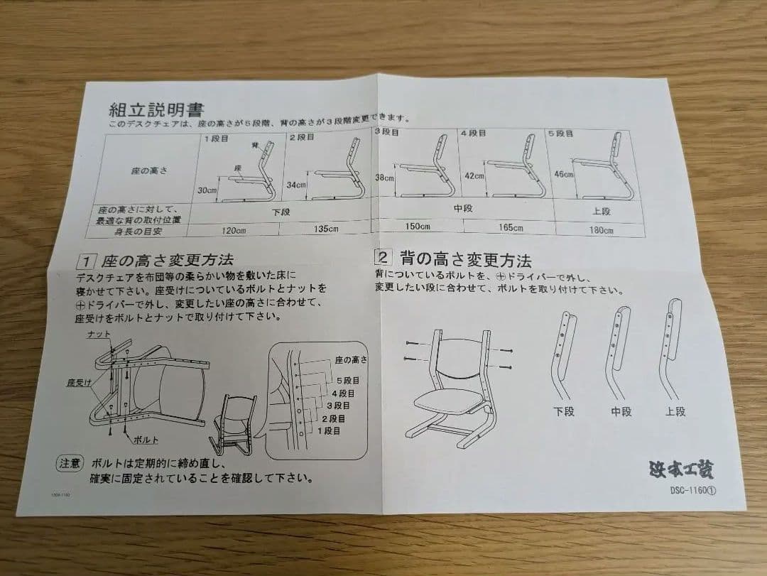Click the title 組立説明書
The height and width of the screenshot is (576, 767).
(x=156, y=109)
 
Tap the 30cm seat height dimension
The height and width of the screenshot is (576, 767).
(x=207, y=190)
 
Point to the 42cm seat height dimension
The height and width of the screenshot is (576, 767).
(x=474, y=176)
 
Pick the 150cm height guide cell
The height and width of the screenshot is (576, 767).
(x=418, y=227)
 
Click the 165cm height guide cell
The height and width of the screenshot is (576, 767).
(x=511, y=228)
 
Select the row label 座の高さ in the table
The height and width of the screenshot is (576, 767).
(x=149, y=171)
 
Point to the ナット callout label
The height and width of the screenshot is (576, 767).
(x=98, y=334)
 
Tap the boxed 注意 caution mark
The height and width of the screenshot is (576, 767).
(x=70, y=462)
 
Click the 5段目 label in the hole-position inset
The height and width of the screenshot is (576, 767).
(x=347, y=381)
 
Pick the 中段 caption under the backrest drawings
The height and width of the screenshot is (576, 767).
(x=621, y=412)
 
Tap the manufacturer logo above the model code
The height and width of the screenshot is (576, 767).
(x=682, y=469)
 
